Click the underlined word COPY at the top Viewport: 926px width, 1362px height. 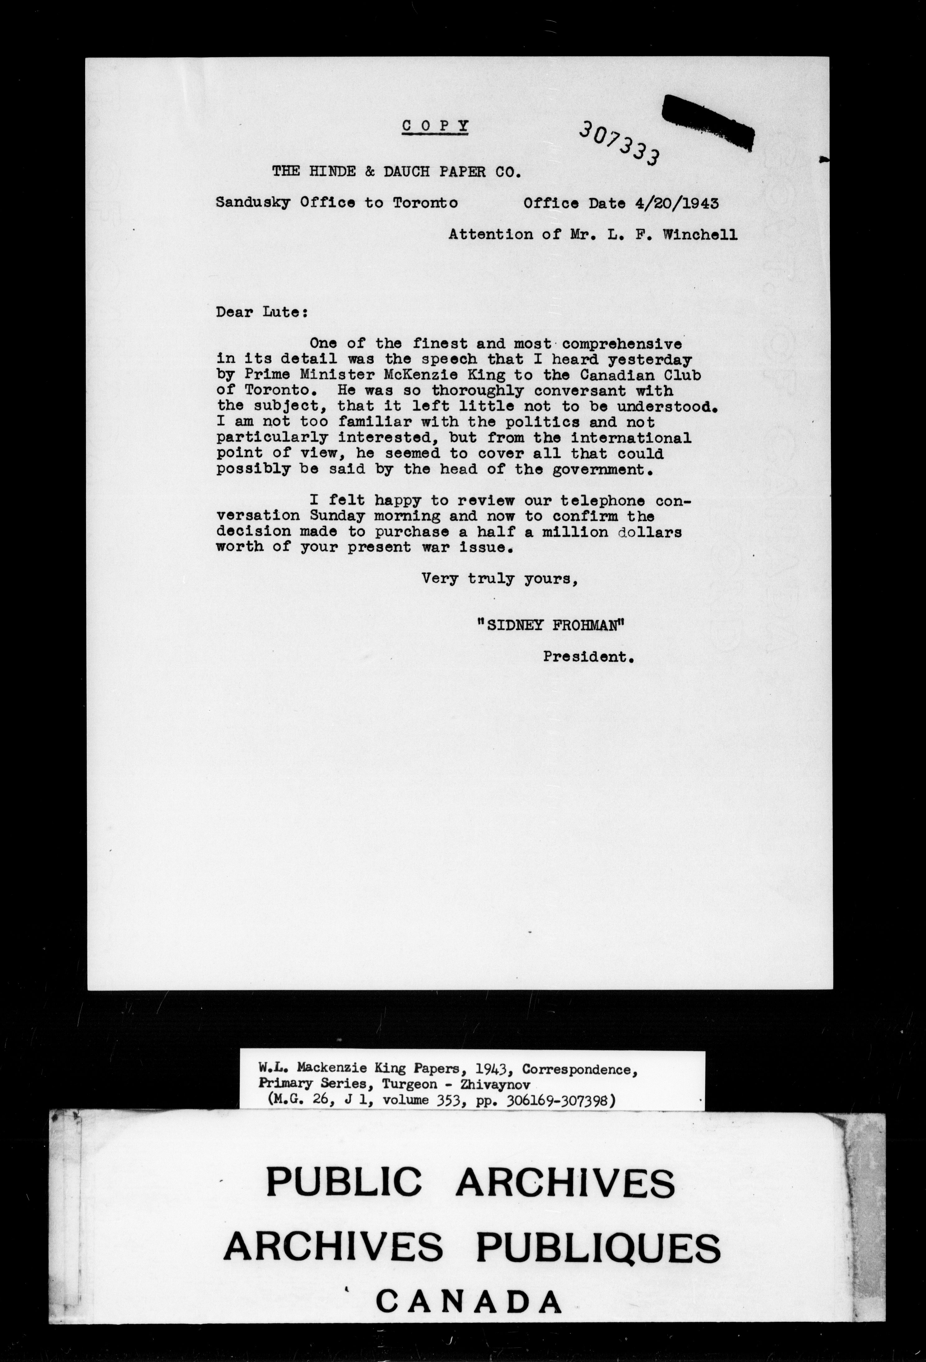tap(435, 125)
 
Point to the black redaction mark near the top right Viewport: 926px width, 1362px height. tap(707, 120)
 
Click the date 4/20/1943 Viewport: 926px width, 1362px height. tap(676, 203)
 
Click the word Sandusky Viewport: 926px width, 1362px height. tap(253, 203)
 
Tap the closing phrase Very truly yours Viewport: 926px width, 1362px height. tap(500, 579)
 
